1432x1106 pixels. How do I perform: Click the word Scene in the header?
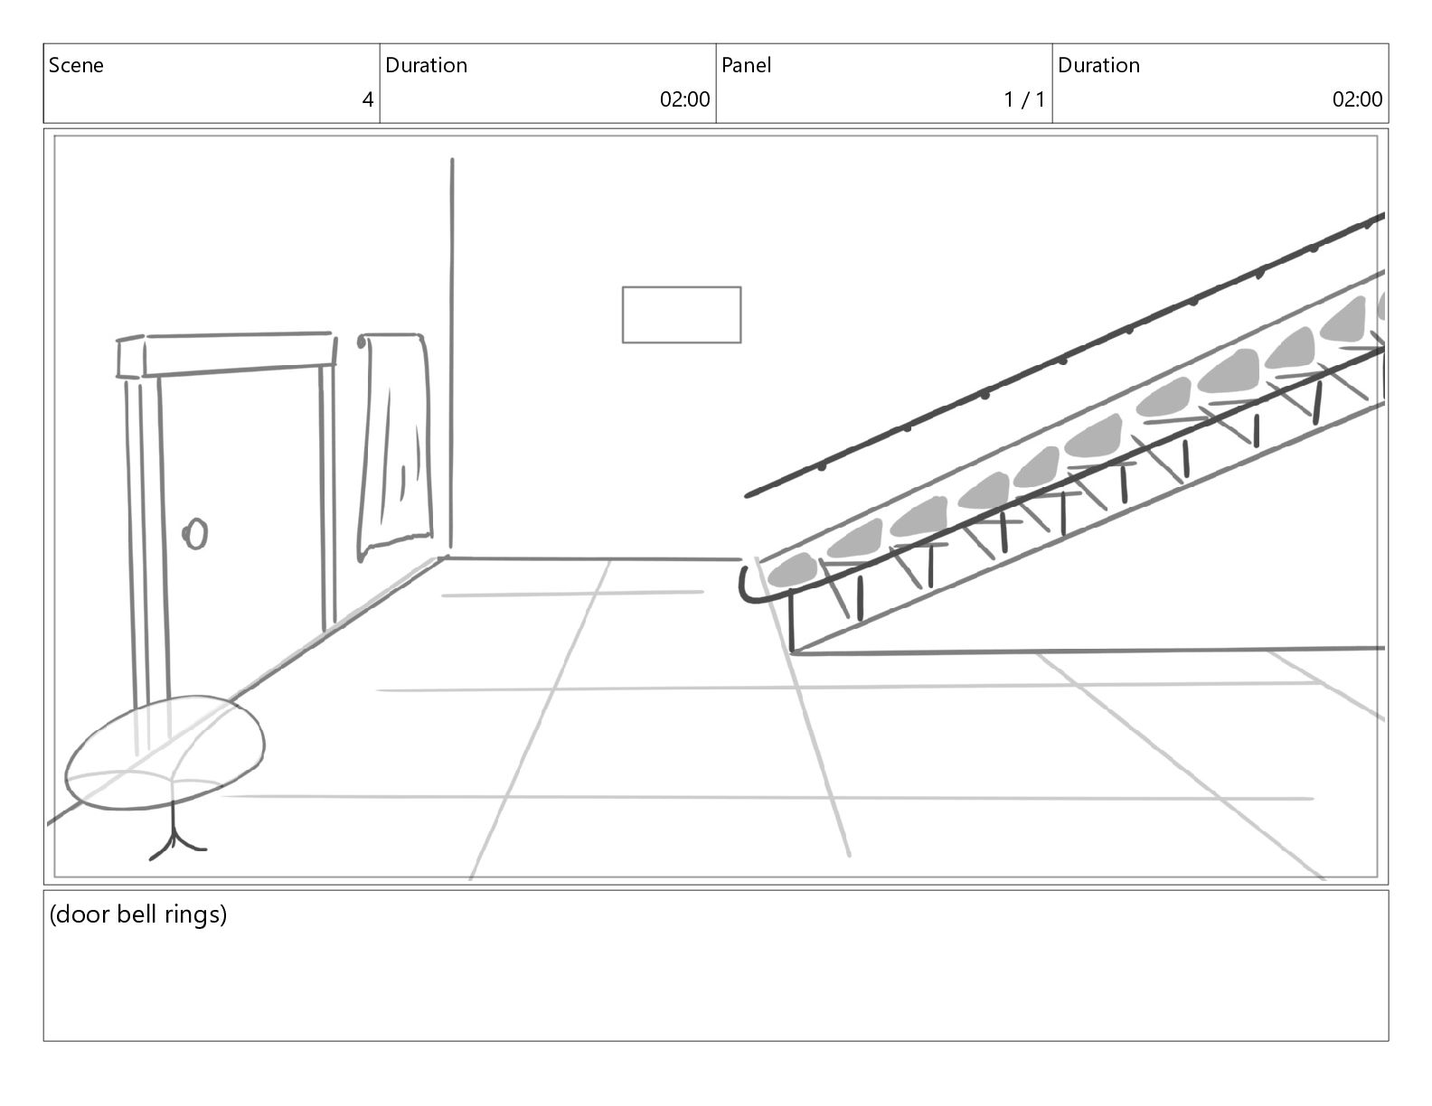point(76,65)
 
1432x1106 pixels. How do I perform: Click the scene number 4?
point(367,99)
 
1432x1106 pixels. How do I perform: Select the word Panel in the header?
point(746,65)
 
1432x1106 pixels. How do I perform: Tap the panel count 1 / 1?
point(1023,99)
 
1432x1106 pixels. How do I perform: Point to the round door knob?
point(195,534)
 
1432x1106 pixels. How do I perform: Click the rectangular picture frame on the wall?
point(681,314)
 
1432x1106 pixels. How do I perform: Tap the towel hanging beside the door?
point(395,443)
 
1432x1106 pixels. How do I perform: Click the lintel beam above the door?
point(226,354)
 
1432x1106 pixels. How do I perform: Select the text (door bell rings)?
point(137,914)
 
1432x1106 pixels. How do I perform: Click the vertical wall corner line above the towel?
point(452,244)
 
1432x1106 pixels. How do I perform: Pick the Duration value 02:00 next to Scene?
point(684,99)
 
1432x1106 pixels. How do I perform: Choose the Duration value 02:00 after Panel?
point(1356,99)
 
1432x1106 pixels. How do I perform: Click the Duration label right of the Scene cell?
point(426,65)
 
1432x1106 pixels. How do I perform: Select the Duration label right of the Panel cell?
point(1098,65)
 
